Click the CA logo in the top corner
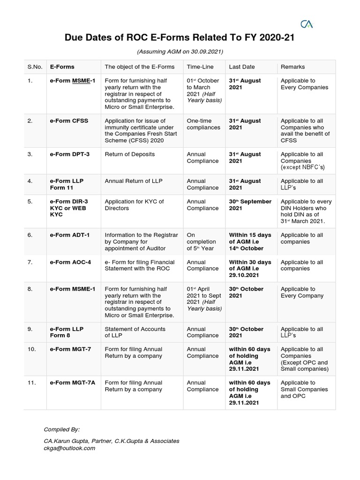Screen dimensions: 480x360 pyautogui.click(x=306, y=23)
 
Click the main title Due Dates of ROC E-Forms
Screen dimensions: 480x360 pyautogui.click(x=180, y=38)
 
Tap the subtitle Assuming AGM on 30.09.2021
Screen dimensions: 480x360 pyautogui.click(x=180, y=51)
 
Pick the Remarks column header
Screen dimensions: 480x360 pyautogui.click(x=292, y=67)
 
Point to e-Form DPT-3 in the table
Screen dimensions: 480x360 pyautogui.click(x=69, y=154)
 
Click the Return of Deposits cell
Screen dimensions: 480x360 pyautogui.click(x=129, y=154)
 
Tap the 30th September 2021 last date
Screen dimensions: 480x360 pyautogui.click(x=250, y=205)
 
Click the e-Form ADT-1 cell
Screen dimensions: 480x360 pyautogui.click(x=70, y=235)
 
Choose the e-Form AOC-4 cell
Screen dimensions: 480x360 pyautogui.click(x=70, y=262)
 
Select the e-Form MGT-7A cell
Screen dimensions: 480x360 pyautogui.click(x=73, y=382)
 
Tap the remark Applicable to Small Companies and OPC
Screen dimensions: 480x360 pyautogui.click(x=304, y=389)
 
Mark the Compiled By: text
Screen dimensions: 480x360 pyautogui.click(x=61, y=429)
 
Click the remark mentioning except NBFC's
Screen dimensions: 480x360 pyautogui.click(x=303, y=161)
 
